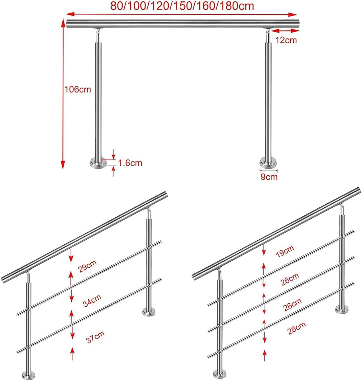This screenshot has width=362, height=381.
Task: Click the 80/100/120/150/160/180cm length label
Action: pyautogui.click(x=182, y=6)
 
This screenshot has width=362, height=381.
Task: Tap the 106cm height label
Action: pyautogui.click(x=77, y=89)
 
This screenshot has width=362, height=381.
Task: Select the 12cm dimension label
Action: pyautogui.click(x=286, y=40)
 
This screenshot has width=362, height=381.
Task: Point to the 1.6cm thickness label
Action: pyautogui.click(x=130, y=163)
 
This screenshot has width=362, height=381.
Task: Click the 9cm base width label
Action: pyautogui.click(x=269, y=177)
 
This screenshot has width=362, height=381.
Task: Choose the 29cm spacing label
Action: pyautogui.click(x=87, y=266)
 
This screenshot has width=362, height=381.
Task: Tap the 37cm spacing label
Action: pyautogui.click(x=96, y=337)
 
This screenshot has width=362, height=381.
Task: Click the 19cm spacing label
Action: pyautogui.click(x=285, y=251)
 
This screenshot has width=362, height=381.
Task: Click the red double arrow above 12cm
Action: pyautogui.click(x=285, y=30)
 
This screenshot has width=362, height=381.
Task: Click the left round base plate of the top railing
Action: pyautogui.click(x=98, y=163)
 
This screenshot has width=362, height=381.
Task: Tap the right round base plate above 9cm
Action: pyautogui.click(x=268, y=163)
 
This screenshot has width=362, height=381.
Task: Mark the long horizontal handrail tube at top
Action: pyautogui.click(x=183, y=24)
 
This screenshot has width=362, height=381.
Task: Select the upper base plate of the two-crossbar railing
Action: pyautogui.click(x=149, y=311)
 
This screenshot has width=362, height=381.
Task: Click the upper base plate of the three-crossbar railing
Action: pyautogui.click(x=343, y=309)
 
